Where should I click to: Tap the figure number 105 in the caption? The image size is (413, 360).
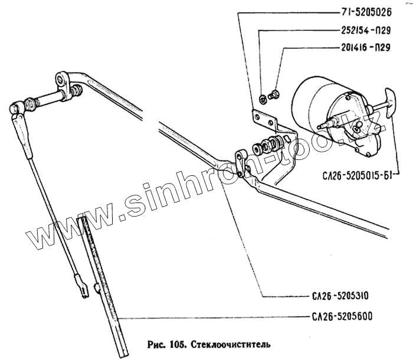pyautogui.click(x=175, y=343)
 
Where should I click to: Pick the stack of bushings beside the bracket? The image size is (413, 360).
pyautogui.click(x=268, y=144)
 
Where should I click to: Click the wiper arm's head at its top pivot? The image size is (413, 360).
pyautogui.click(x=17, y=110)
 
